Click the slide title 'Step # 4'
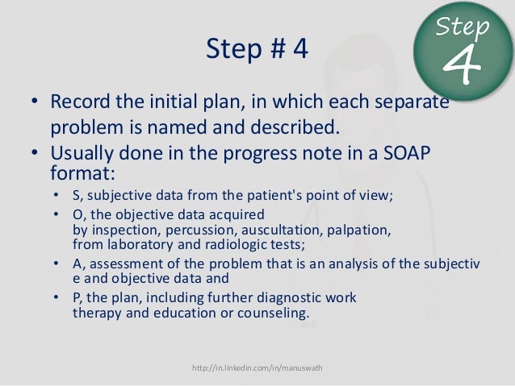click(257, 50)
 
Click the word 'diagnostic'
click(277, 297)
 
